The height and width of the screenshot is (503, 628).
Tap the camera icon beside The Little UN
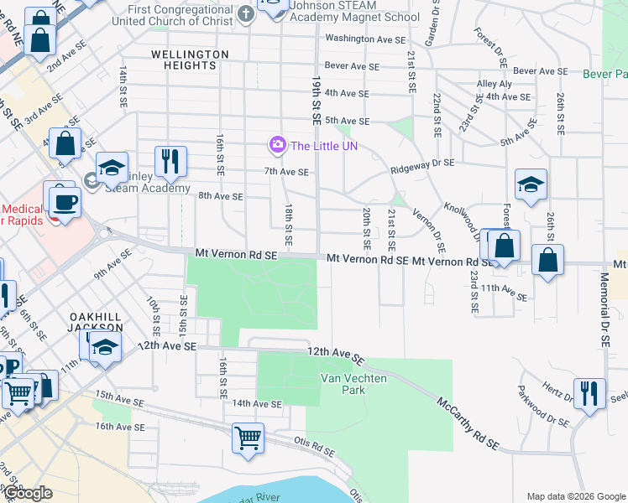[x=276, y=145]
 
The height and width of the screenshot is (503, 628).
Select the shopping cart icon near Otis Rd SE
[x=248, y=438]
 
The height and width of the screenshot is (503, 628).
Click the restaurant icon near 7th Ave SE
[x=170, y=161]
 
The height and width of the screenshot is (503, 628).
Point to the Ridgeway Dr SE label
[x=422, y=163]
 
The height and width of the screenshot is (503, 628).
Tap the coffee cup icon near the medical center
[x=65, y=201]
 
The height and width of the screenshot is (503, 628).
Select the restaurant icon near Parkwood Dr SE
[x=589, y=392]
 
